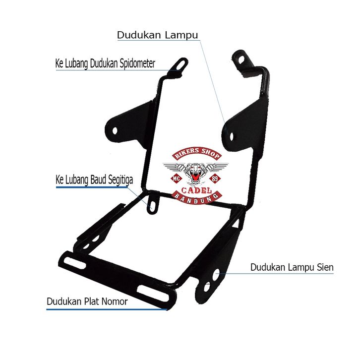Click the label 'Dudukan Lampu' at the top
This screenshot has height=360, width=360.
click(x=157, y=35)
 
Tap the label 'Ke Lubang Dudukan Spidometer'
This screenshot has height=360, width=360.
click(x=105, y=63)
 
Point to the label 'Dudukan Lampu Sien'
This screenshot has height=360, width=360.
click(x=292, y=267)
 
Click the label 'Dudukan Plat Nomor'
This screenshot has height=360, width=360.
click(x=87, y=301)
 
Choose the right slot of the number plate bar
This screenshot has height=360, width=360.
click(x=147, y=290)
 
